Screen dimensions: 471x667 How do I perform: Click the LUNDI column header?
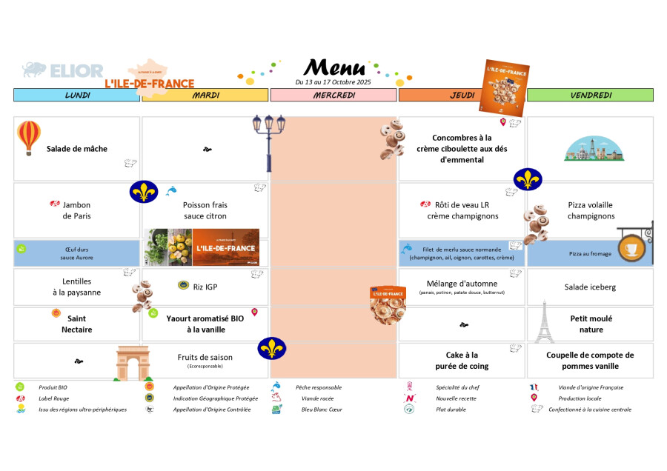(77, 95)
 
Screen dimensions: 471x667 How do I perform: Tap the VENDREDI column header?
(590, 95)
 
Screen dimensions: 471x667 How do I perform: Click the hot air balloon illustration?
(29, 137)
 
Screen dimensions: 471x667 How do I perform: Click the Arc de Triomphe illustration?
(133, 364)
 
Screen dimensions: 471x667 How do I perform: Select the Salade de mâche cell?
(77, 149)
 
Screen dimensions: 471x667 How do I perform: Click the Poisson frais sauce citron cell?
(205, 210)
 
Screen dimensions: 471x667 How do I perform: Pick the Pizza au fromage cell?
(590, 253)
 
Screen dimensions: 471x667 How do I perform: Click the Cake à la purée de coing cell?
(462, 361)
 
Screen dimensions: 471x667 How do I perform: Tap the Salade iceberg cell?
(590, 287)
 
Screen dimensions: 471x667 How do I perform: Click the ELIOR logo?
(63, 71)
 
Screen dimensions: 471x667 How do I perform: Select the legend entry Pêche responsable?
(319, 387)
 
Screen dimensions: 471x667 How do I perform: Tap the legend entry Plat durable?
(451, 409)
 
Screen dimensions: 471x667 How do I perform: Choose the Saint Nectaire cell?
(77, 324)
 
